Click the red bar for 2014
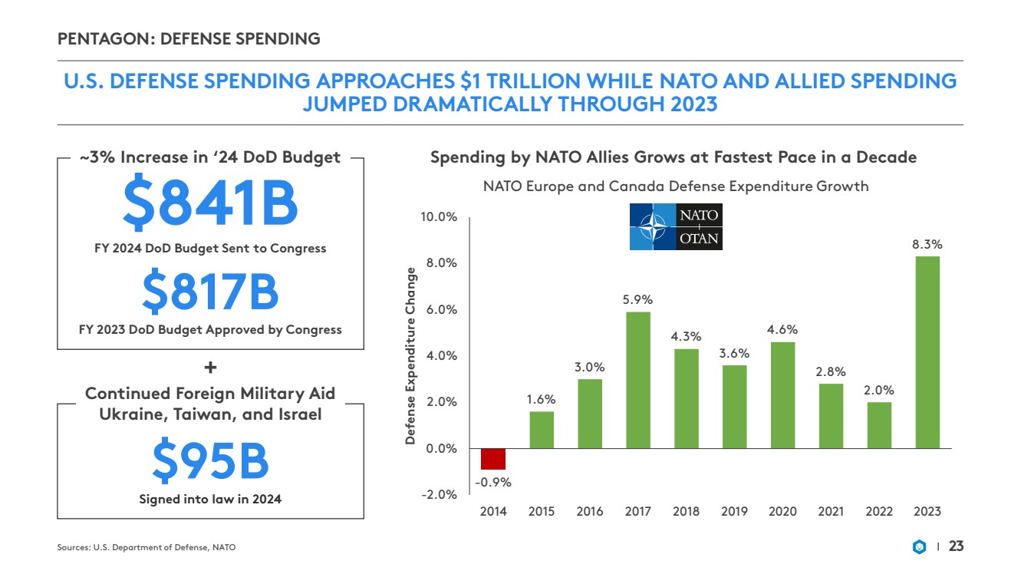pos(493,458)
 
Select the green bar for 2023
pos(927,351)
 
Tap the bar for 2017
pos(638,379)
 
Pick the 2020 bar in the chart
pos(782,394)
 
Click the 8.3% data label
pos(927,244)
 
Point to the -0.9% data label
pos(493,482)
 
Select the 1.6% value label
pos(542,399)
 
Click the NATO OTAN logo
pos(676,227)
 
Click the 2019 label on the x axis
pos(734,511)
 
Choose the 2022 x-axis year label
pos(878,511)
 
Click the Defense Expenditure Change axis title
pos(411,356)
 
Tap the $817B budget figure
pos(210,293)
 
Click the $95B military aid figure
pos(210,460)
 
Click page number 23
pos(956,546)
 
